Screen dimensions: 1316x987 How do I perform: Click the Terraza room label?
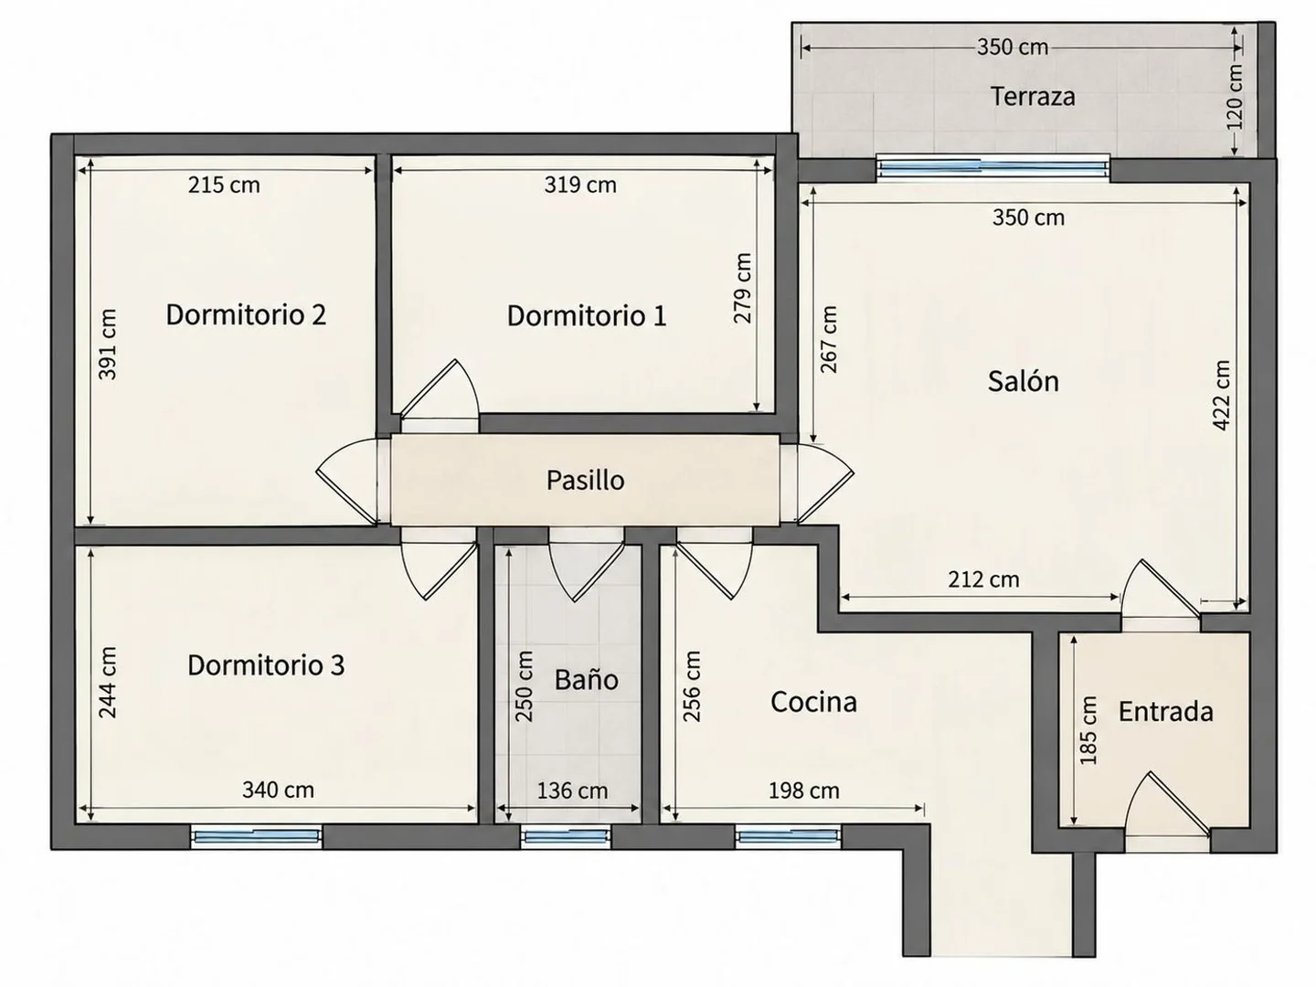1033,97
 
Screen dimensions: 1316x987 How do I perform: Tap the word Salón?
1023,381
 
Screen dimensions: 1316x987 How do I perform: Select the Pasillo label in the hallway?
585,480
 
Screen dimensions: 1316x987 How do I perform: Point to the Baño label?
586,679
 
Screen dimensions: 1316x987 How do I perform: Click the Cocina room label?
813,702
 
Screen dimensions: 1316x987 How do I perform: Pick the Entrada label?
1165,711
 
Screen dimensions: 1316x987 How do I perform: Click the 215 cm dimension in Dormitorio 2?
224,186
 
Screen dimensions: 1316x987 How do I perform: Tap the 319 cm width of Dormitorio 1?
579,186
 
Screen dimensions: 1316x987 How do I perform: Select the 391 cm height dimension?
107,344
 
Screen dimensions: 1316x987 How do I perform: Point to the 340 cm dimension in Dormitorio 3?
278,790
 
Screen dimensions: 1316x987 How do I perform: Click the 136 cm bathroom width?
572,791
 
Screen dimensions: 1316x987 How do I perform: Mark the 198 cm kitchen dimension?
803,791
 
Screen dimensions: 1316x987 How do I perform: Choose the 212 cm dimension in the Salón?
983,579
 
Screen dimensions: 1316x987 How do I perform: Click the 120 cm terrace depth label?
1235,97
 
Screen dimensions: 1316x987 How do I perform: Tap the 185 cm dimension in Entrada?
1088,730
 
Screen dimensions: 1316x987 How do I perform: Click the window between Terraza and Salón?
992,168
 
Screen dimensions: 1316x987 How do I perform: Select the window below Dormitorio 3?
256,836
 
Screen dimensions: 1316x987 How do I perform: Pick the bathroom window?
566,836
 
